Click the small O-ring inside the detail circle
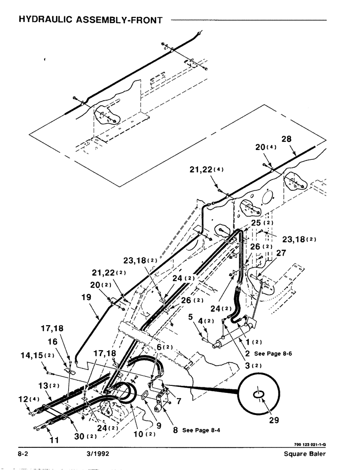point(258,397)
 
